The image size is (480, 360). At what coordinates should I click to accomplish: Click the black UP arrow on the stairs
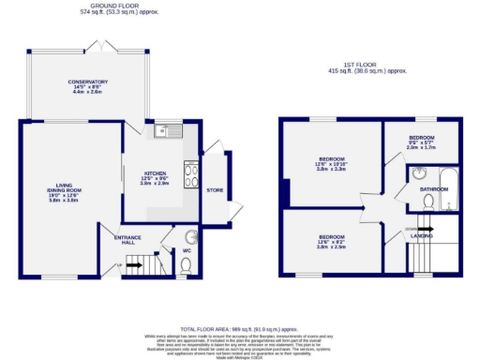pyautogui.click(x=134, y=265)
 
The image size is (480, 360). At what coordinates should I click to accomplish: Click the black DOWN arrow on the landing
pyautogui.click(x=423, y=228)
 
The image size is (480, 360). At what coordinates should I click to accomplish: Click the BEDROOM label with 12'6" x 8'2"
pyautogui.click(x=332, y=236)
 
